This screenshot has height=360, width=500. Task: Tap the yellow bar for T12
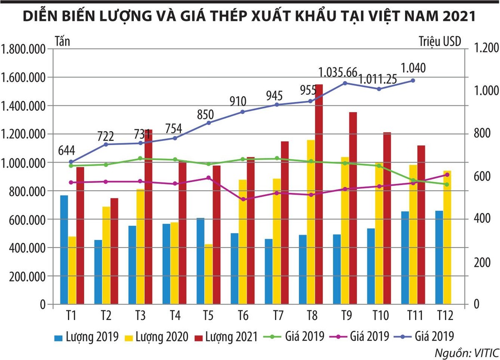pos(447,237)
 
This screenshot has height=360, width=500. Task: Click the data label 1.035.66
pos(338,72)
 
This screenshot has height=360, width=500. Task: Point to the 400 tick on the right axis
pos(480,218)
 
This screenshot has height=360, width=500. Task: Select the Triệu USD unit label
pos(440,42)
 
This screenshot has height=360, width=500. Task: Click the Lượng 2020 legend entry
pos(161,336)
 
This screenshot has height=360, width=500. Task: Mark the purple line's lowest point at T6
pos(243,199)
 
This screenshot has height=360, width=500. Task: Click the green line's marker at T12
pos(447,184)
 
